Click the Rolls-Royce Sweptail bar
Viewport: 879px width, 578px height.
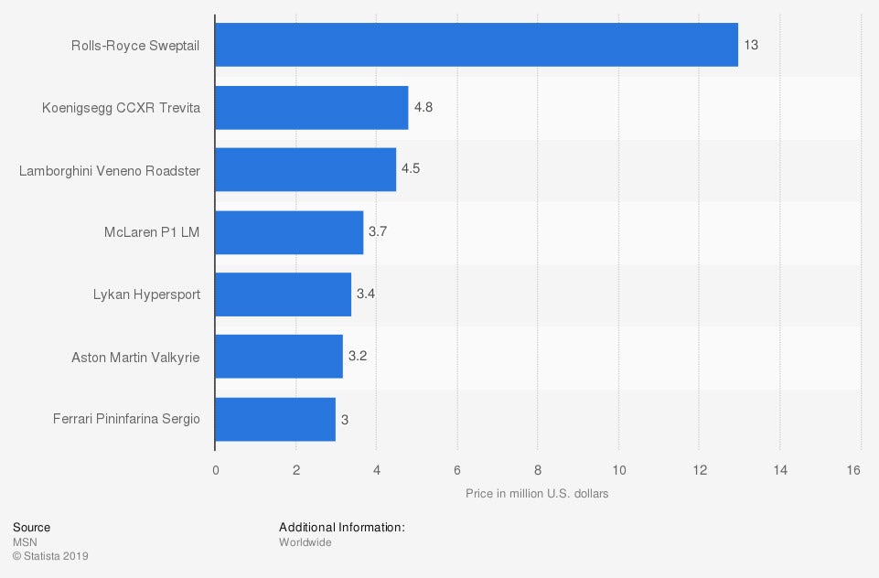pos(477,45)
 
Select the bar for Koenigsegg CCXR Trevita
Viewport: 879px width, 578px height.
pos(312,108)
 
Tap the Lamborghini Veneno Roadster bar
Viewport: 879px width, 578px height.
pos(306,170)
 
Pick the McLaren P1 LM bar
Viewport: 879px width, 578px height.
pos(289,232)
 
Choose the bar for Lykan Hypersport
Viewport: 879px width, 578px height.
pos(284,294)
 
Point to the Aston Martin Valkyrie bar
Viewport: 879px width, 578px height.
pos(279,357)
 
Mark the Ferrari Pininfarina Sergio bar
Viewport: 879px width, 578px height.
pos(275,419)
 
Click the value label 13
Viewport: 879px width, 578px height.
pos(751,45)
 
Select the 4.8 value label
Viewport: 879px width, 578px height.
pos(423,108)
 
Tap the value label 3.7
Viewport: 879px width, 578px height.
pos(378,232)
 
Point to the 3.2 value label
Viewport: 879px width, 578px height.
pos(358,357)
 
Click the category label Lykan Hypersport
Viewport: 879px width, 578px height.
pos(146,294)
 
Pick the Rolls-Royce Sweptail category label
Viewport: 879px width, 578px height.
pos(135,45)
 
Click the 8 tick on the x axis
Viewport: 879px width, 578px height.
pos(538,470)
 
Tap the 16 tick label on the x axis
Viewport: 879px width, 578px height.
pos(854,470)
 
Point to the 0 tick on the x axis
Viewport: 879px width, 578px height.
pos(216,470)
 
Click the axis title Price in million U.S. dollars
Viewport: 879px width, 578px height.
pos(537,494)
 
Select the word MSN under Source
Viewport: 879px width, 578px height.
pos(24,542)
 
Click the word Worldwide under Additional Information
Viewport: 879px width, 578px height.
pos(305,542)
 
